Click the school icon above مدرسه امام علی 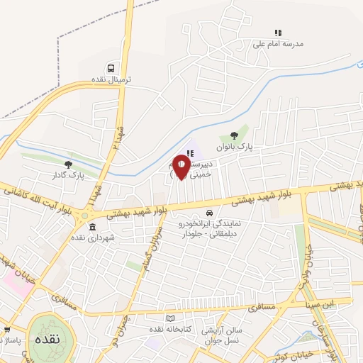point(278,33)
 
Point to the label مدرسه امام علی point(278,43)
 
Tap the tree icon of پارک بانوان point(234,137)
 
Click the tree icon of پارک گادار point(68,164)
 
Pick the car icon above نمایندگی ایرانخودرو point(209,213)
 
